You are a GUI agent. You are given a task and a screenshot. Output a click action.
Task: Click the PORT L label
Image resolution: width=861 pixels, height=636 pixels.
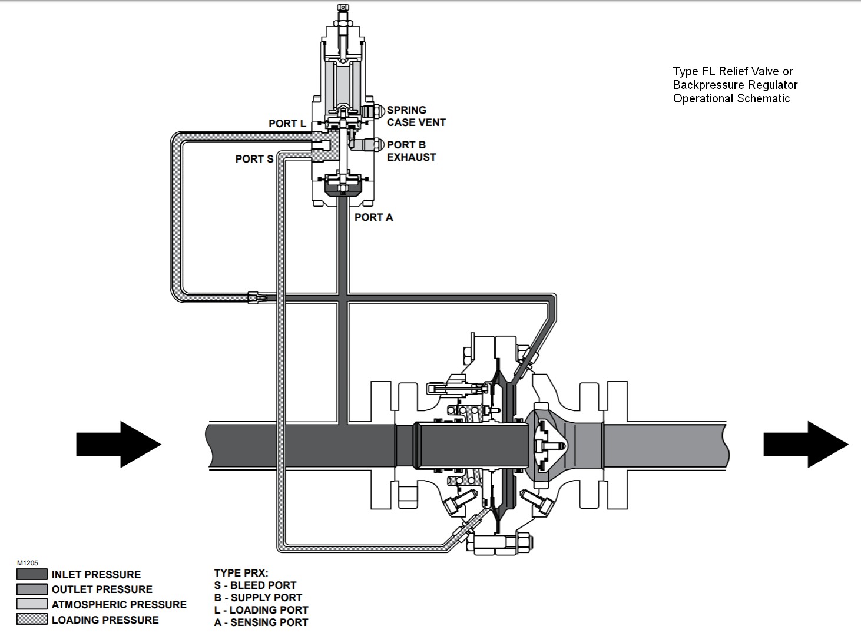(287, 124)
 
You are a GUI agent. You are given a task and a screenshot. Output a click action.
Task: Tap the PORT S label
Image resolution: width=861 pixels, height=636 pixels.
(254, 159)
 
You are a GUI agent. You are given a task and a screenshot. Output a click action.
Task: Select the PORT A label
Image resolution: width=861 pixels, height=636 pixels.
(373, 217)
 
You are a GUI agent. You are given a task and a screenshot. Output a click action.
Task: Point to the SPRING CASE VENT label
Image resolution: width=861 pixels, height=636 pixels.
(416, 116)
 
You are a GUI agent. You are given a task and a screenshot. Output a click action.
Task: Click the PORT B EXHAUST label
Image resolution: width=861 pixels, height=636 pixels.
(412, 151)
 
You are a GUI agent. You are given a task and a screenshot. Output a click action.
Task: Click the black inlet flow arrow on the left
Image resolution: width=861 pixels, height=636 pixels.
(119, 444)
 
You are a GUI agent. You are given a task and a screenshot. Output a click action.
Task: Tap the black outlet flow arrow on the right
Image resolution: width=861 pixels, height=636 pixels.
(806, 444)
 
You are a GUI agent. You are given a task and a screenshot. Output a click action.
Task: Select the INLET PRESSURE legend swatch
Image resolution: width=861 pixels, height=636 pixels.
(32, 574)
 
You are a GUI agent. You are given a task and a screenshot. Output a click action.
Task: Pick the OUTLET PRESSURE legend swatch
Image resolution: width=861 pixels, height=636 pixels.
(32, 589)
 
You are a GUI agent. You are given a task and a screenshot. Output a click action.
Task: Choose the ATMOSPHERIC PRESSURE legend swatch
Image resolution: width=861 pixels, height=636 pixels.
(32, 604)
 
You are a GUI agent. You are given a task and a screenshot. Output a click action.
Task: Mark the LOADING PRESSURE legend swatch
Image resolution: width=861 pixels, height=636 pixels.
(32, 620)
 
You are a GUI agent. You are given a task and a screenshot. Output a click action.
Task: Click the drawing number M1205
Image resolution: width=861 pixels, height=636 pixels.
(28, 563)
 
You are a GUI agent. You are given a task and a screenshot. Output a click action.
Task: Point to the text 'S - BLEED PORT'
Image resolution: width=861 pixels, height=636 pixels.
(255, 585)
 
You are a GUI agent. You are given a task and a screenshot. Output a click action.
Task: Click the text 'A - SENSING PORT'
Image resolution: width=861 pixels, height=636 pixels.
(261, 622)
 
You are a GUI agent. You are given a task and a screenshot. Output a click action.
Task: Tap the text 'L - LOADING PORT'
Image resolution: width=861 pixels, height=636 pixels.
(261, 610)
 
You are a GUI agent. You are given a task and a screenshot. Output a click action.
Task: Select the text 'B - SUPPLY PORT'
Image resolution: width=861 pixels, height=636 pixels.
(258, 598)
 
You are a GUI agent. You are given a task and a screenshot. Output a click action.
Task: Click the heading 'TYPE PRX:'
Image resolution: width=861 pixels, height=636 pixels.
(241, 573)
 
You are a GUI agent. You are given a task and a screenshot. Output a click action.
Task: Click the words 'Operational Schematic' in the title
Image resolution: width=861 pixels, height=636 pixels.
(731, 98)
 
